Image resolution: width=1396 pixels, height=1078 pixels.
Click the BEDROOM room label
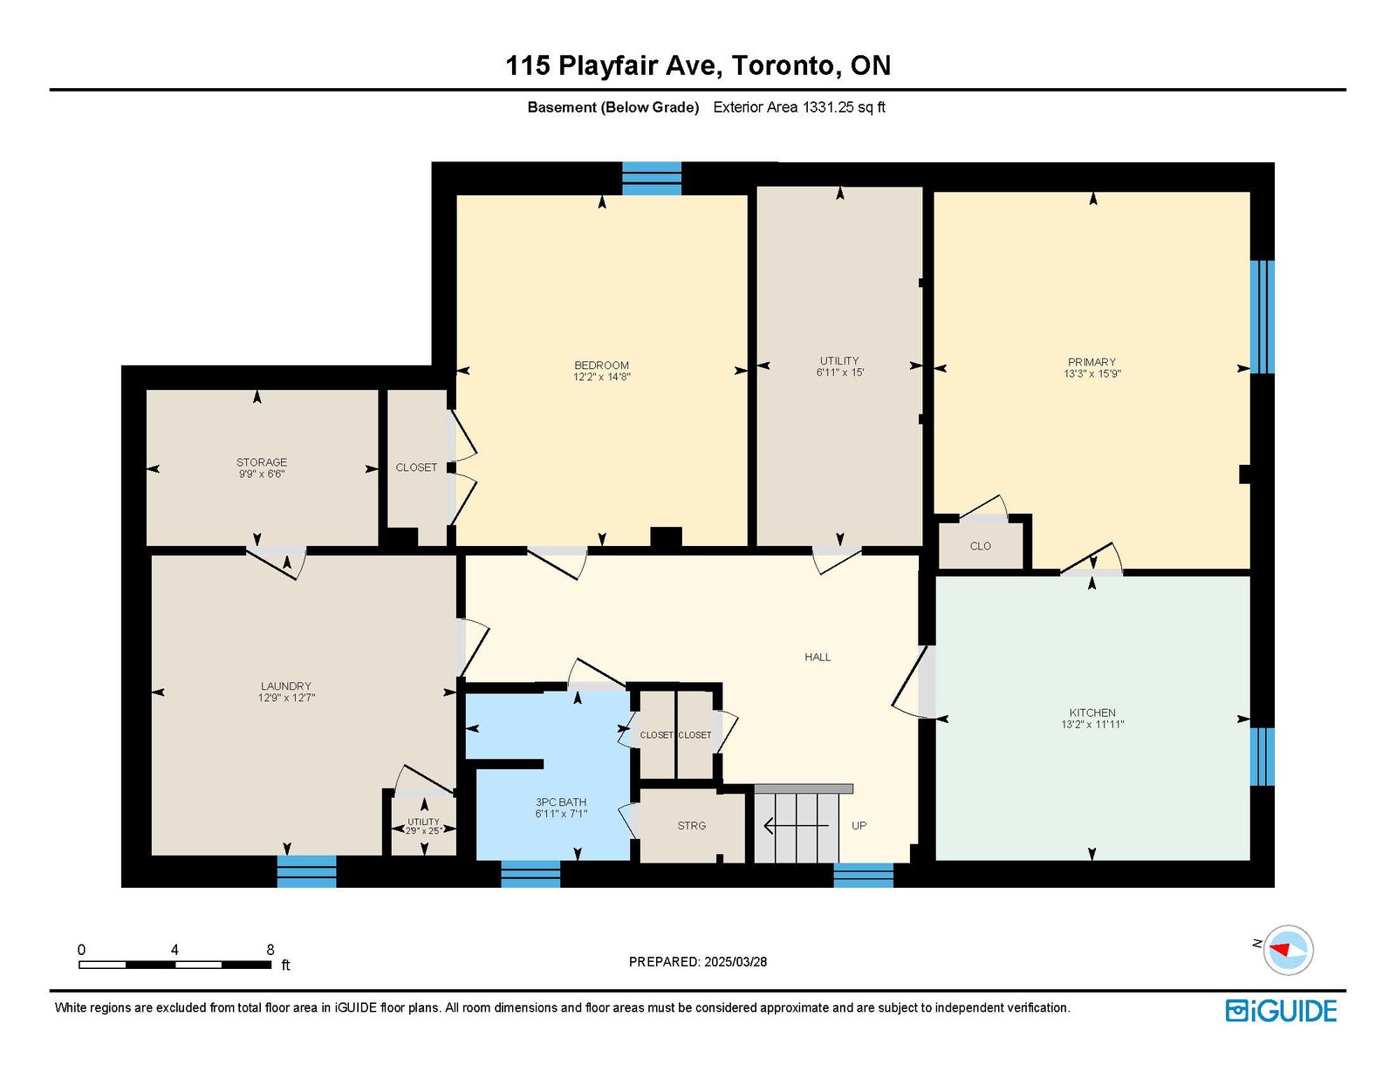(x=601, y=371)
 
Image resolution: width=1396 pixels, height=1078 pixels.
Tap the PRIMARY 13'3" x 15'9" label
(x=1092, y=368)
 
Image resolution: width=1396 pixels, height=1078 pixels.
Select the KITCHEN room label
(x=1092, y=719)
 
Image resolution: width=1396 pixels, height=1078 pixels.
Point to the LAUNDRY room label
(x=286, y=692)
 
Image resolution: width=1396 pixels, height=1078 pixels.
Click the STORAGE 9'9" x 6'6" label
(x=262, y=468)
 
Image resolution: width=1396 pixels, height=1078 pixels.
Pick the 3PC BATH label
(x=561, y=808)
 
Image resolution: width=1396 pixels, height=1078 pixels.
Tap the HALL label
(x=818, y=657)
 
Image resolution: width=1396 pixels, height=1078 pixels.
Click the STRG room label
(x=691, y=826)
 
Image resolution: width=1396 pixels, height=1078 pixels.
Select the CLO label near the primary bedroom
(x=981, y=546)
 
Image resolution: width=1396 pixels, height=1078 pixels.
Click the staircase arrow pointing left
(x=796, y=826)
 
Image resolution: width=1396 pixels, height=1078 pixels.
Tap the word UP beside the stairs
(x=859, y=826)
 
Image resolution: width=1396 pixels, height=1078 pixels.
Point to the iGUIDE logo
(x=1281, y=1011)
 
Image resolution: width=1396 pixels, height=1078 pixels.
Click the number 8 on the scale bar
(x=270, y=950)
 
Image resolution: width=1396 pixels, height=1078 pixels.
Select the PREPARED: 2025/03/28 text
(x=698, y=962)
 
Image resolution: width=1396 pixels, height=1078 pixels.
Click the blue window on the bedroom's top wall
(x=652, y=179)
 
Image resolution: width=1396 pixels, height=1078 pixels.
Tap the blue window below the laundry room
(x=306, y=872)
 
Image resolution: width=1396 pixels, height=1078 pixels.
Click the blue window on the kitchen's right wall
(x=1263, y=756)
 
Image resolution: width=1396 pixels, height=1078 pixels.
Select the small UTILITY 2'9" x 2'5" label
(x=424, y=826)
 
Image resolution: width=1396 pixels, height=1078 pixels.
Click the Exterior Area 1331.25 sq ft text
(x=799, y=107)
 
